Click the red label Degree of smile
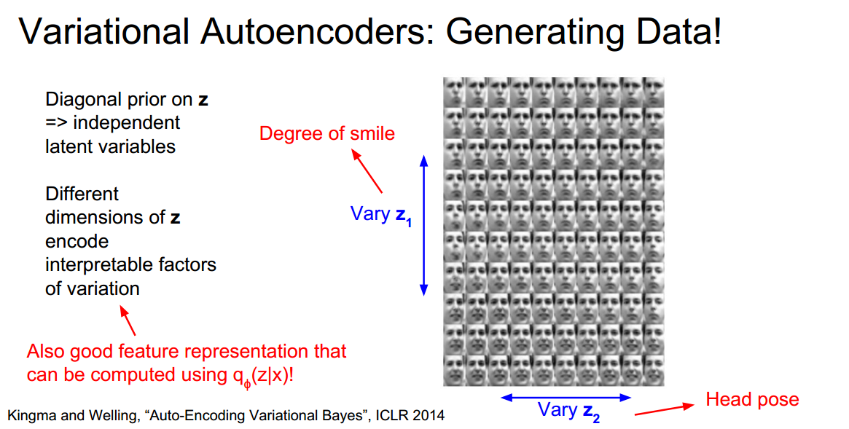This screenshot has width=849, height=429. pos(327,133)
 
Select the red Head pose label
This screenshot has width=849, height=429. pos(752,399)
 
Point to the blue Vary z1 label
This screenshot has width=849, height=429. pos(380,215)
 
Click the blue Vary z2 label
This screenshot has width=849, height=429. pos(569,410)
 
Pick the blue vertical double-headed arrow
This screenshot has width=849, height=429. pos(423,226)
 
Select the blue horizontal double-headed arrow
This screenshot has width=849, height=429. pos(566,398)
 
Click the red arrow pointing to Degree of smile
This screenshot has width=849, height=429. pos(367,170)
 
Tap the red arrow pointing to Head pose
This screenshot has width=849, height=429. pos(664,409)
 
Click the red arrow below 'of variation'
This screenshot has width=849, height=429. pos(127,320)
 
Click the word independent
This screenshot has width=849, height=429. pos(126,123)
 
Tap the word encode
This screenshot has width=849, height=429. pos(77,241)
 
